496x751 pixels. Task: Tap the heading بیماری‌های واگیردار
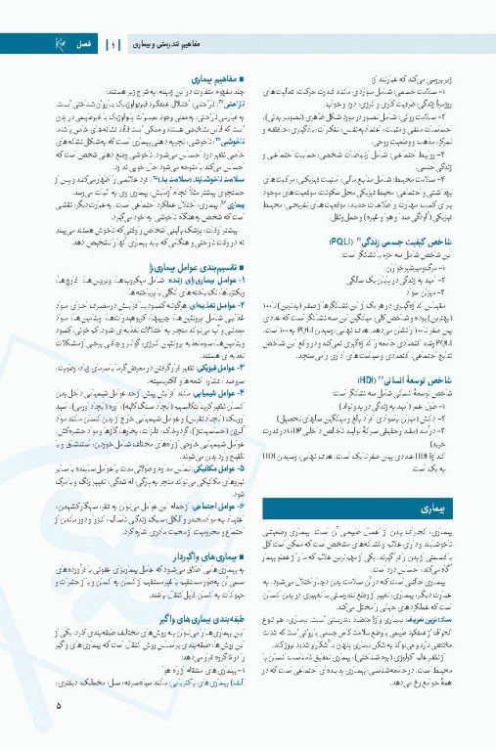[x=203, y=557]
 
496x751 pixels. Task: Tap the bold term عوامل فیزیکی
[x=214, y=364]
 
